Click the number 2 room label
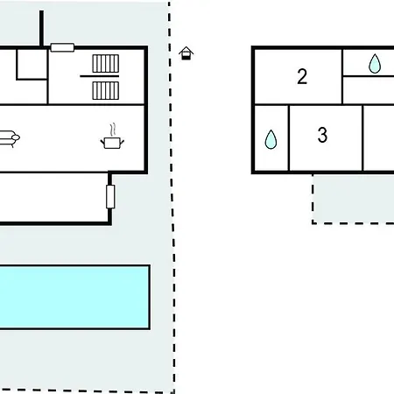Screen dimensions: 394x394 [x=302, y=77]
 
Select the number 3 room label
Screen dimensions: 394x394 [x=322, y=135]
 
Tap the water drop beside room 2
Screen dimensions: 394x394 [x=375, y=63]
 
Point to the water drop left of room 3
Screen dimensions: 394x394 [x=271, y=139]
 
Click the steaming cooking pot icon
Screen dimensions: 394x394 [x=112, y=137]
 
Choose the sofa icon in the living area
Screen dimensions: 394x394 [x=10, y=138]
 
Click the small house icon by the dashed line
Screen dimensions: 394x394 [x=186, y=53]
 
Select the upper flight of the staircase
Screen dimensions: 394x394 [x=106, y=63]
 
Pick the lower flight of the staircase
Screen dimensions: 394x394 [x=106, y=91]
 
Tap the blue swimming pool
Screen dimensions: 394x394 [x=74, y=297]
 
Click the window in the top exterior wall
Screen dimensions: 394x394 [x=62, y=47]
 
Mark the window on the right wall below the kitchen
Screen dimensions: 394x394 [x=110, y=197]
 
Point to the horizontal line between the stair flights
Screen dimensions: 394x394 [x=100, y=76]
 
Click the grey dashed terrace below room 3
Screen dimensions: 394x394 [x=353, y=200]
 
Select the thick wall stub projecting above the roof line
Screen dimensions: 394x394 [x=42, y=29]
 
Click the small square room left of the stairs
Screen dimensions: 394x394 [x=32, y=64]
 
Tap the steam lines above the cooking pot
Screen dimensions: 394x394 [x=113, y=130]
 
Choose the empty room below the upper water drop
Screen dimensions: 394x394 [x=369, y=90]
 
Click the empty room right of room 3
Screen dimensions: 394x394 [x=379, y=138]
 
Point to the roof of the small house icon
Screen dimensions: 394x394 [x=186, y=50]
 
